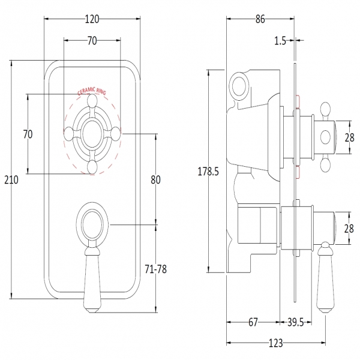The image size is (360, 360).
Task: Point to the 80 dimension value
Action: click(x=156, y=179)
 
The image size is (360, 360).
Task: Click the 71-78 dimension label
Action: click(x=155, y=269)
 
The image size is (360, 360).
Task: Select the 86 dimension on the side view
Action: click(x=260, y=19)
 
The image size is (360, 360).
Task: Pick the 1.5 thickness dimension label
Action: click(x=279, y=41)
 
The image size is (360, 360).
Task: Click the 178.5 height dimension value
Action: click(x=208, y=172)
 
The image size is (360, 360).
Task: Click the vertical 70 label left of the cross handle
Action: click(x=28, y=134)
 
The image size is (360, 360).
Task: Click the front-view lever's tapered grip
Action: click(x=92, y=279)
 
